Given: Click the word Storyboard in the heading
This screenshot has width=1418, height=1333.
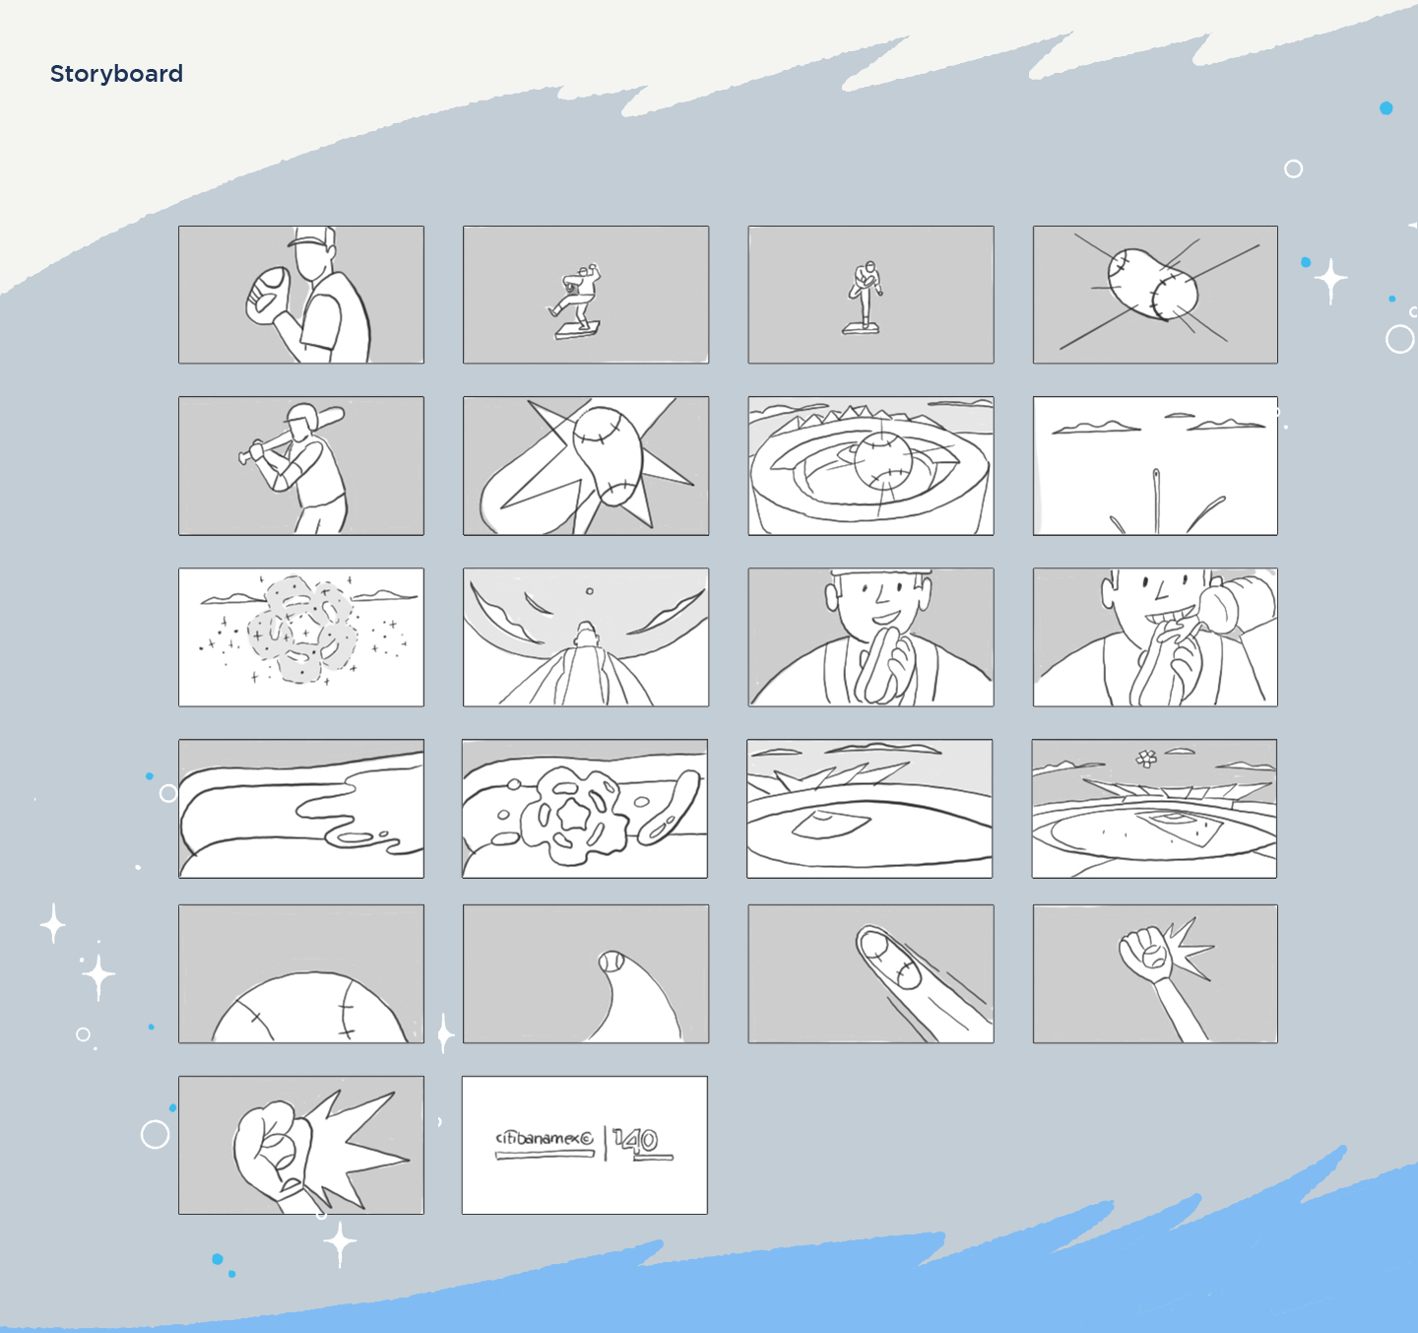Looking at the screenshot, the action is [116, 74].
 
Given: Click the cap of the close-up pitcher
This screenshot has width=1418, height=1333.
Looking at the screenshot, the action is [313, 237].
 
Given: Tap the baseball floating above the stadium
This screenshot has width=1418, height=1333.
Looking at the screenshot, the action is [883, 460].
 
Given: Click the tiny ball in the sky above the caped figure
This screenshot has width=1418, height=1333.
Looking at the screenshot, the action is [589, 591].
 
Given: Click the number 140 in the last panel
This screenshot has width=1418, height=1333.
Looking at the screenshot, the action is [637, 1140].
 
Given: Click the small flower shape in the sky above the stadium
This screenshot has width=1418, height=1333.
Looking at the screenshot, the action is [1146, 758].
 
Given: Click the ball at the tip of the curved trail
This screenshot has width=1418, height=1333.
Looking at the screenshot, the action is [612, 962].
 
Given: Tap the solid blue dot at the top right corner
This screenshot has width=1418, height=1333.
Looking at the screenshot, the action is [1386, 107].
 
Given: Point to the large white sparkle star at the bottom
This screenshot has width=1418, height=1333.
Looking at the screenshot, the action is [340, 1242].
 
